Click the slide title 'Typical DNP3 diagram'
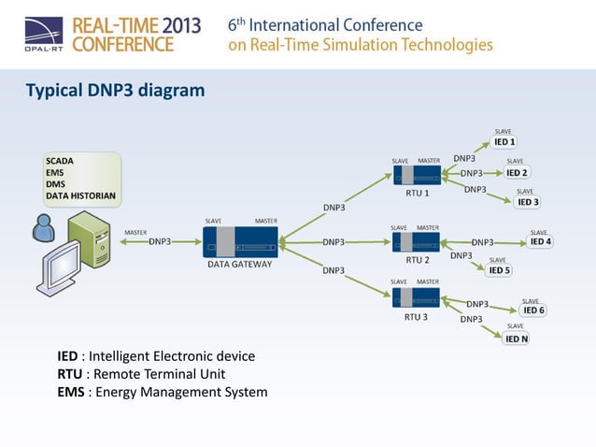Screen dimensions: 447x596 [x=114, y=91]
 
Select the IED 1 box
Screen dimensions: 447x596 [x=504, y=142]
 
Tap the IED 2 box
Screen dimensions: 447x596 [x=517, y=172]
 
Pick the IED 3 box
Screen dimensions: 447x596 [x=528, y=202]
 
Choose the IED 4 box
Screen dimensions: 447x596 [x=540, y=241]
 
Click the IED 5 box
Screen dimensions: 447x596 [x=500, y=270]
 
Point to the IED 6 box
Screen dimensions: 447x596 [x=533, y=310]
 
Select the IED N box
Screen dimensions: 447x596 [x=517, y=339]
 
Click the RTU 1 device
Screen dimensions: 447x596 [x=417, y=175]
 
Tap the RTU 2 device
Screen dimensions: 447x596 [x=417, y=241]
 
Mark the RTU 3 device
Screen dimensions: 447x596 [x=416, y=298]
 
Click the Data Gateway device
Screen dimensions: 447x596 [x=240, y=241]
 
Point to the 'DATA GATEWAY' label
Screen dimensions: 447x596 [x=240, y=264]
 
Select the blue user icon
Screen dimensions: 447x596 [x=41, y=226]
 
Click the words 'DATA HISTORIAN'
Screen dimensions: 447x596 [x=81, y=196]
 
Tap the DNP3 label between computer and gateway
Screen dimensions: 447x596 [x=160, y=241]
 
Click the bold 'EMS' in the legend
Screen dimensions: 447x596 [x=71, y=392]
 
